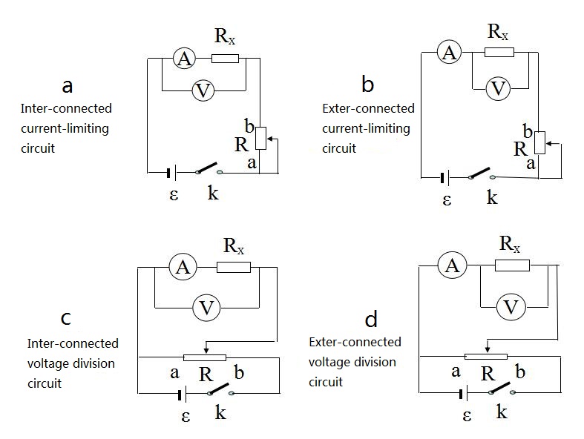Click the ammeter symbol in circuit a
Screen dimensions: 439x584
(x=183, y=59)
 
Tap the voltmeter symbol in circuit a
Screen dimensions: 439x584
(x=203, y=90)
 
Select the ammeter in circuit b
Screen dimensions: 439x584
(x=448, y=52)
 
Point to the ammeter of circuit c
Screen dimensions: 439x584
(x=180, y=267)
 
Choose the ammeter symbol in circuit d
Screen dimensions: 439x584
(x=449, y=265)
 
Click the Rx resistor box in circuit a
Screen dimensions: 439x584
(x=224, y=59)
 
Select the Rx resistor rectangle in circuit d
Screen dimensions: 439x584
(x=512, y=265)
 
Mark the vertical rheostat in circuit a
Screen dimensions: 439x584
(x=260, y=138)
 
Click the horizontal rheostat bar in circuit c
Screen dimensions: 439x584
(x=204, y=357)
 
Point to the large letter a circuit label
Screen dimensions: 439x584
(x=68, y=86)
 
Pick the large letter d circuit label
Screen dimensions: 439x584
(x=371, y=320)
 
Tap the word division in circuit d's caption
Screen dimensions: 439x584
(x=375, y=362)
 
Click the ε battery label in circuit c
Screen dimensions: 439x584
(x=186, y=416)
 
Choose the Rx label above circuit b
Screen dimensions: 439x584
(x=498, y=32)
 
